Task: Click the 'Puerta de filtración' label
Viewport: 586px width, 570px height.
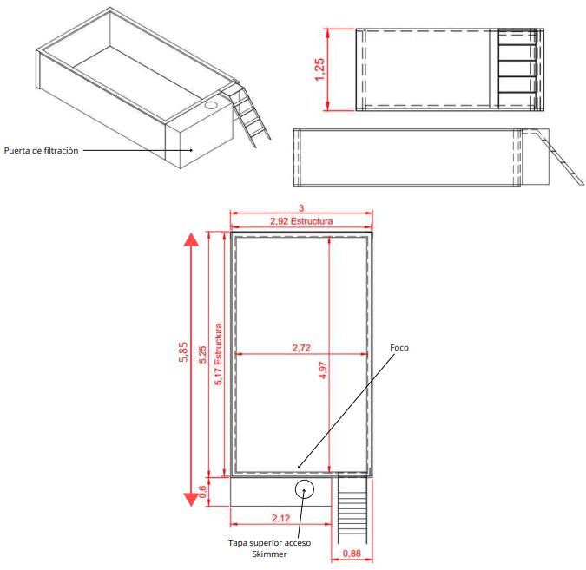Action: point(42,150)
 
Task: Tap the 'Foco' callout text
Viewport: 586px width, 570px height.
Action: point(398,348)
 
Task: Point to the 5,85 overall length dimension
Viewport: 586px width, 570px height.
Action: point(184,354)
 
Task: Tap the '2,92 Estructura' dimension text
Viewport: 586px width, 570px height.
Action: point(300,222)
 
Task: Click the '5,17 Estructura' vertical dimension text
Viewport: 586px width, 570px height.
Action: point(219,354)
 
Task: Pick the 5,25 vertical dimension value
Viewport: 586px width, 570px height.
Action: point(202,354)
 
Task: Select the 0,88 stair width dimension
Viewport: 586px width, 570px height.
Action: point(352,553)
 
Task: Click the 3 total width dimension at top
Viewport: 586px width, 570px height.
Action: point(300,208)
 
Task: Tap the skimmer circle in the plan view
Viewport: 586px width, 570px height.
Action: point(304,488)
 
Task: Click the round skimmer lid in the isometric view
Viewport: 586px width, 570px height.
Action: point(211,103)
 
